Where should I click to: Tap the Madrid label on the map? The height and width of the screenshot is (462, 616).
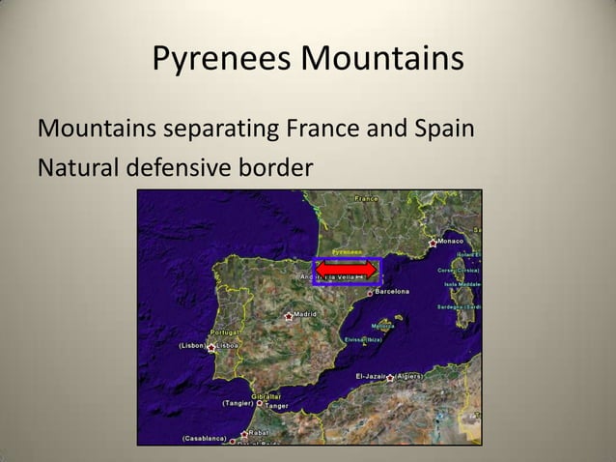click(x=305, y=314)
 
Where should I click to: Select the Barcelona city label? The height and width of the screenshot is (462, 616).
click(x=391, y=291)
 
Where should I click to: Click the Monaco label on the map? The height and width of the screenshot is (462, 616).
click(x=450, y=240)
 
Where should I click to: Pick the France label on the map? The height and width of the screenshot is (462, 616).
click(x=367, y=198)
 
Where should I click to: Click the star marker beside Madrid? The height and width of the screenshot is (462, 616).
click(x=288, y=315)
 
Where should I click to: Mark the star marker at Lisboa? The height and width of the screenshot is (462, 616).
click(x=211, y=346)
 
